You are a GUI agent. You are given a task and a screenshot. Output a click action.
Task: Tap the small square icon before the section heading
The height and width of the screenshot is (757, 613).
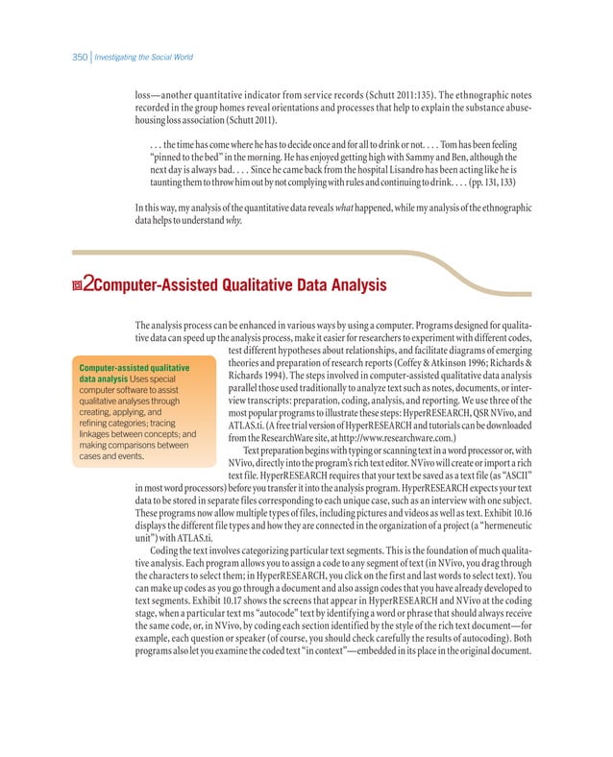(78, 285)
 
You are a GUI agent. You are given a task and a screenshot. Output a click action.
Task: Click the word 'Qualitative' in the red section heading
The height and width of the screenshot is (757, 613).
(254, 285)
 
